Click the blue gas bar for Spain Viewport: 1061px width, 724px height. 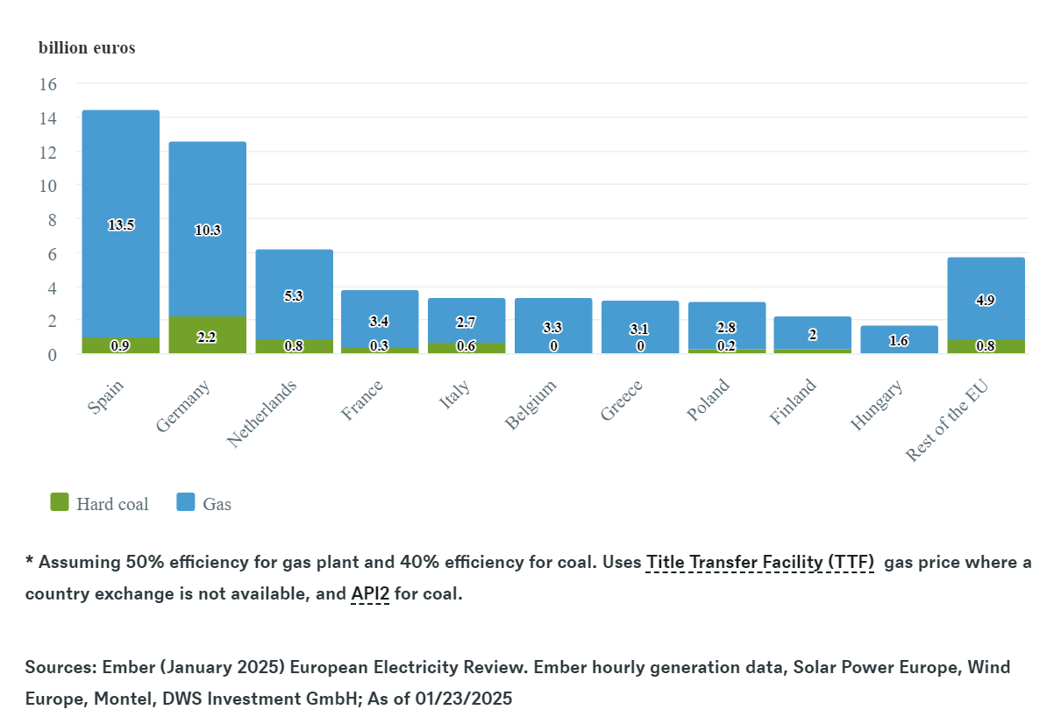pyautogui.click(x=120, y=175)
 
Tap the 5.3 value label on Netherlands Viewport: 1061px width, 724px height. pyautogui.click(x=294, y=296)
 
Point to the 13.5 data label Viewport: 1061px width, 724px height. pyautogui.click(x=121, y=225)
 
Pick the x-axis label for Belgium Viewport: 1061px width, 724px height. pyautogui.click(x=532, y=404)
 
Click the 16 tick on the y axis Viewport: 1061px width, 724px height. pyautogui.click(x=47, y=84)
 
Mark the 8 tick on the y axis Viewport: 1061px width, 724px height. pyautogui.click(x=52, y=219)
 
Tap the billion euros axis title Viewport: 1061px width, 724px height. pyautogui.click(x=87, y=47)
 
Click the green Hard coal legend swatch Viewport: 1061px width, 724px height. pyautogui.click(x=60, y=502)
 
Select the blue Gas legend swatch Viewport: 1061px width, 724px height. pyautogui.click(x=186, y=502)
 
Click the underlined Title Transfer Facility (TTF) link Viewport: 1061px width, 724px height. pyautogui.click(x=760, y=562)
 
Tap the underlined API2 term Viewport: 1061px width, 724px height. pyautogui.click(x=370, y=593)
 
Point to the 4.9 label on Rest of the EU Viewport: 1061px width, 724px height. pyautogui.click(x=985, y=300)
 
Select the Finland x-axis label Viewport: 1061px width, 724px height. pyautogui.click(x=794, y=401)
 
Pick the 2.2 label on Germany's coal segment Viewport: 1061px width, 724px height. pyautogui.click(x=207, y=337)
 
